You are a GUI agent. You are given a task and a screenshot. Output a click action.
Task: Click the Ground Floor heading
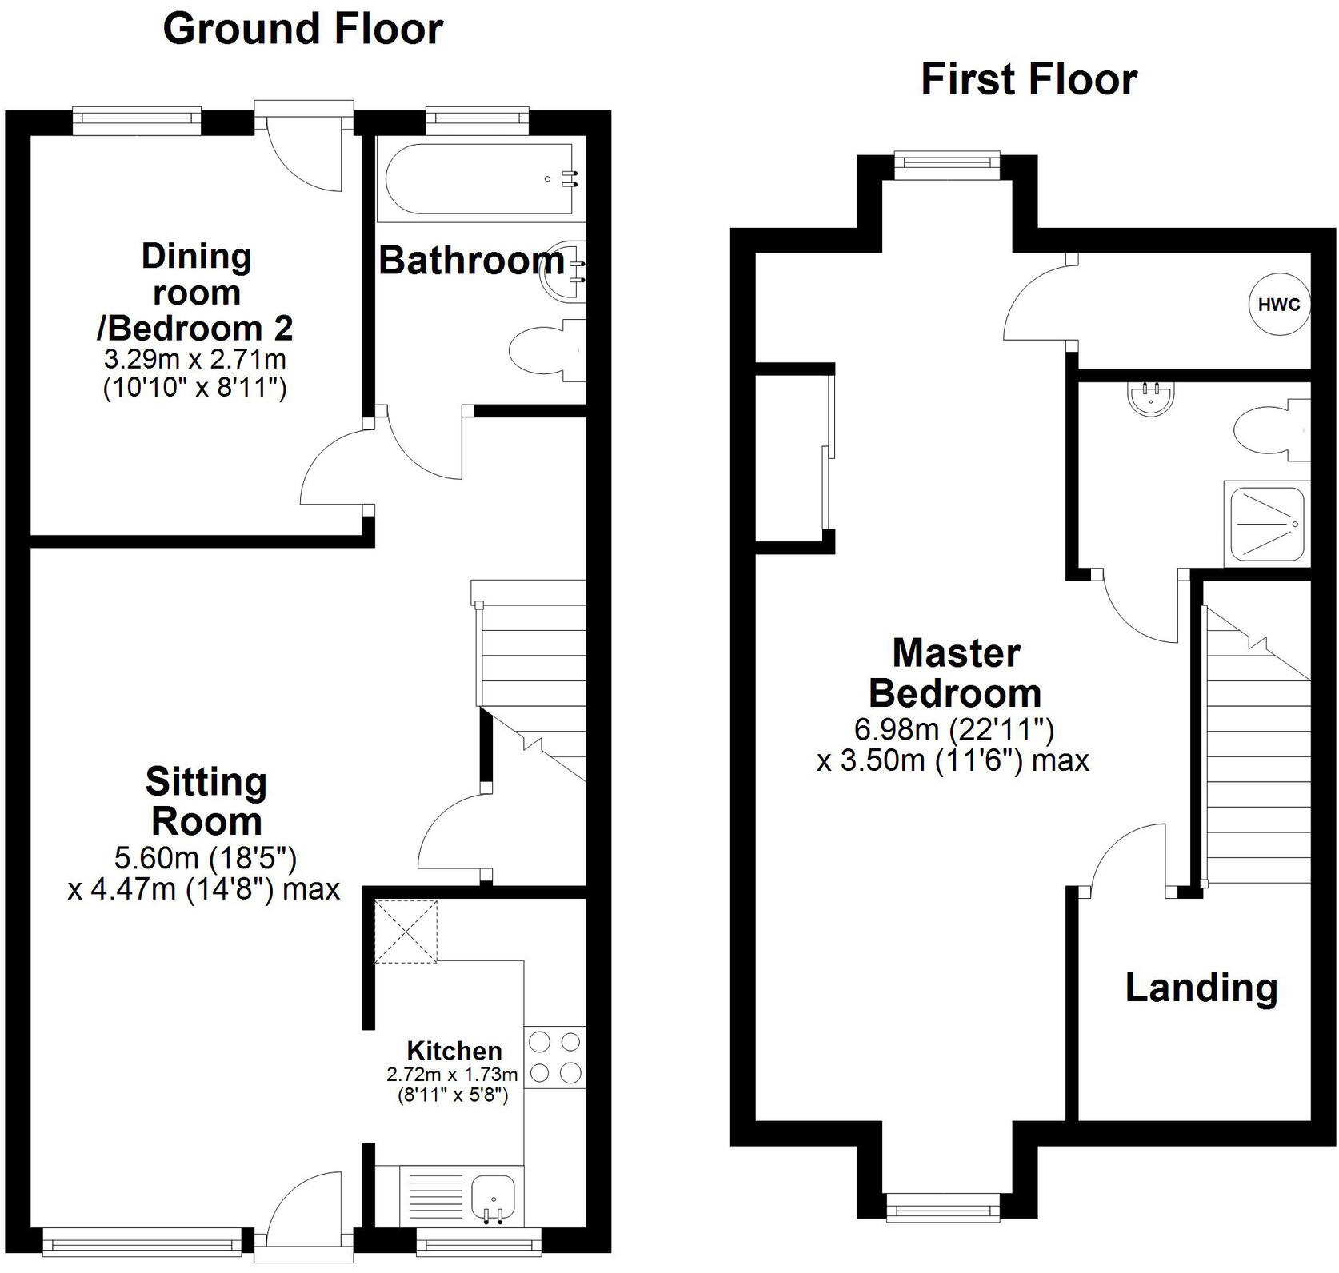pyautogui.click(x=302, y=30)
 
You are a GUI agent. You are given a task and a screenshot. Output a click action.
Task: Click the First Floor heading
pyautogui.click(x=1029, y=79)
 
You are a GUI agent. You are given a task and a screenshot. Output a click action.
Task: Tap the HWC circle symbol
pyautogui.click(x=1279, y=305)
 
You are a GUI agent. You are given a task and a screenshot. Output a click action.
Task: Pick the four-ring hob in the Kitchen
pyautogui.click(x=554, y=1057)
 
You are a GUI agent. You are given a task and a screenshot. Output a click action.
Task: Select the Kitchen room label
pyautogui.click(x=454, y=1050)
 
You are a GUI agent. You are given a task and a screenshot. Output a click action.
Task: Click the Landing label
pyautogui.click(x=1201, y=988)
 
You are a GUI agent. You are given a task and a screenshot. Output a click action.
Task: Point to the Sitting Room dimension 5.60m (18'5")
pyautogui.click(x=206, y=858)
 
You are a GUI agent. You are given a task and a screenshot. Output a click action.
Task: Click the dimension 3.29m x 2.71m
pyautogui.click(x=195, y=357)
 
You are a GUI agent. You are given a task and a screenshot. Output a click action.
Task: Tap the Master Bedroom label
pyautogui.click(x=955, y=673)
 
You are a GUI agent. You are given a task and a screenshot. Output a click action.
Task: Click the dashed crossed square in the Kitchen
pyautogui.click(x=406, y=931)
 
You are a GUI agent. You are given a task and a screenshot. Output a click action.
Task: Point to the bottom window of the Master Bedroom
pyautogui.click(x=943, y=1207)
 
